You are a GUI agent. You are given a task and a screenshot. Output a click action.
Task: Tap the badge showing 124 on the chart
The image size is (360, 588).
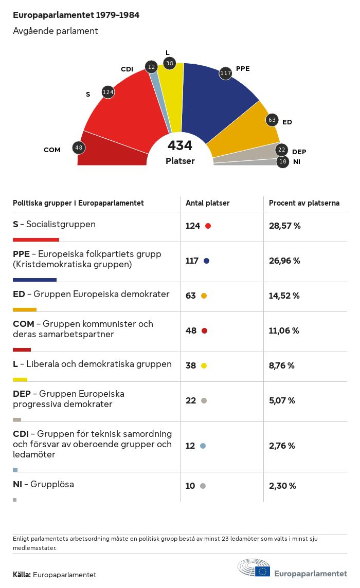(x=108, y=93)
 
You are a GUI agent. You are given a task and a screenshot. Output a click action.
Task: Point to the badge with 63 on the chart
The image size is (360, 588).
(x=272, y=120)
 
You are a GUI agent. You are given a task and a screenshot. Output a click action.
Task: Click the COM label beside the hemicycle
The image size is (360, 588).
(x=52, y=150)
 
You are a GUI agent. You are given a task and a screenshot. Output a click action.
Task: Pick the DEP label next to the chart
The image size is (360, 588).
(x=299, y=152)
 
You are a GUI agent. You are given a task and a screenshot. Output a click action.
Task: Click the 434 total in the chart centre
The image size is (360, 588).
(x=180, y=145)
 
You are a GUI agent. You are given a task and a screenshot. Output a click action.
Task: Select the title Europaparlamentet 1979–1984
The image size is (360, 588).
(x=76, y=15)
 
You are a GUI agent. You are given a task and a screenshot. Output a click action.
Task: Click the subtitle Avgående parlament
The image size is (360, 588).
(x=56, y=31)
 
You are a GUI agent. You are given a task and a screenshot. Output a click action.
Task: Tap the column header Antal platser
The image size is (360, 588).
(x=208, y=203)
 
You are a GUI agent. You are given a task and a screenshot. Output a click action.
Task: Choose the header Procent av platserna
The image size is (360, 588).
(x=304, y=203)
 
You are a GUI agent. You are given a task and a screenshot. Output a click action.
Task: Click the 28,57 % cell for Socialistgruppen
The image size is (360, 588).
(x=284, y=226)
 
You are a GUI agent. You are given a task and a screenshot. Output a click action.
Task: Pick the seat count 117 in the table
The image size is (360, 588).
(x=192, y=261)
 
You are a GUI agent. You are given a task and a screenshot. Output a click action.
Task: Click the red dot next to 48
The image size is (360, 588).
(x=204, y=330)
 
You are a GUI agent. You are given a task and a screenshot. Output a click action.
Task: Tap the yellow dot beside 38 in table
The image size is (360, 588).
(x=204, y=365)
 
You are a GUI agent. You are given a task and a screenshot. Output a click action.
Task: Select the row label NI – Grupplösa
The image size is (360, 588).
(x=43, y=484)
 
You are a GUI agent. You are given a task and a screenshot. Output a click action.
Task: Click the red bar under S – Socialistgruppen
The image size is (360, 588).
(x=36, y=240)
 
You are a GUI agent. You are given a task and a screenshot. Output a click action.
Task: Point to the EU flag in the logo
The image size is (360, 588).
(x=264, y=571)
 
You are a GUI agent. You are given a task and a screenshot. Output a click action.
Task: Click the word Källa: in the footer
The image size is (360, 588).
(x=22, y=575)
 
